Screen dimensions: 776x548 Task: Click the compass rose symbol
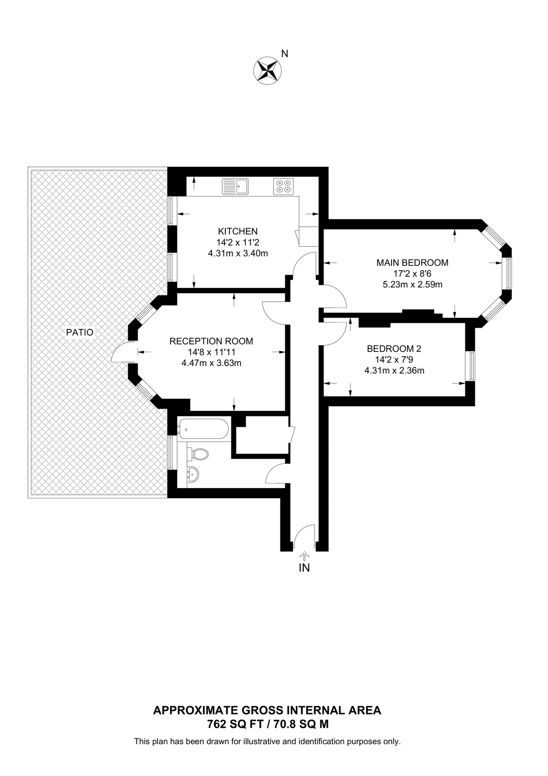(267, 69)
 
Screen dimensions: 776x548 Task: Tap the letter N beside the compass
(284, 53)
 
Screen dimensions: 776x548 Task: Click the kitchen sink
(235, 186)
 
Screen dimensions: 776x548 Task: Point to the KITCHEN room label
(237, 231)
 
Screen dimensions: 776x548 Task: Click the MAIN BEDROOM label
(412, 263)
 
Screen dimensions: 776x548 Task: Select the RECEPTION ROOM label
(211, 341)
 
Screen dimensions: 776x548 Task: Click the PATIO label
(80, 332)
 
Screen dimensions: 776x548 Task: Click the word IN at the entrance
(304, 568)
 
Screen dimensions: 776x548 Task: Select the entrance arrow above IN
(305, 555)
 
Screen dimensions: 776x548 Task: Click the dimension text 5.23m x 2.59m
(412, 285)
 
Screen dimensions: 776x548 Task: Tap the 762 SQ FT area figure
(236, 724)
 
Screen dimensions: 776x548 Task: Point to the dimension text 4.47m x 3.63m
(211, 363)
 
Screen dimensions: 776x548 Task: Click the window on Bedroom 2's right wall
(472, 366)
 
